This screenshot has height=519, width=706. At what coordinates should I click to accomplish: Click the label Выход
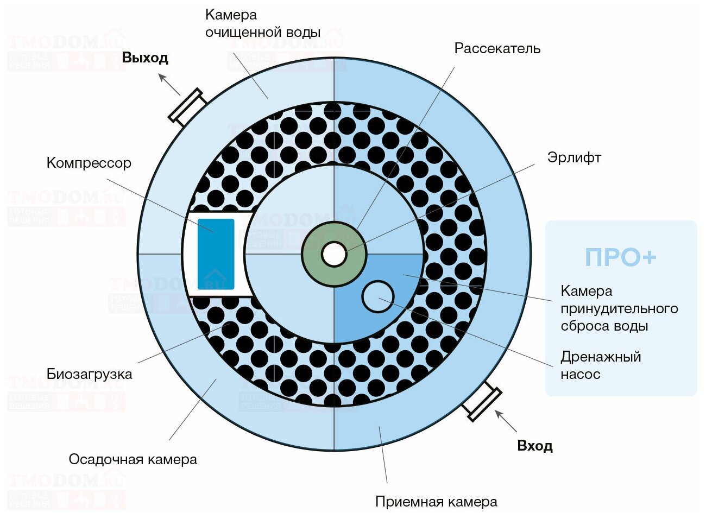(144, 58)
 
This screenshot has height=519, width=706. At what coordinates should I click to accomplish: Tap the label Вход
(534, 446)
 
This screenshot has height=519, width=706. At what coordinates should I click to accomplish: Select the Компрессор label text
(89, 163)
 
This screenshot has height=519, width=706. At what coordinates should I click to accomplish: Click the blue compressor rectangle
(216, 254)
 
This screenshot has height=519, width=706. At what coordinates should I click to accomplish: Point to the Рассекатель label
(497, 48)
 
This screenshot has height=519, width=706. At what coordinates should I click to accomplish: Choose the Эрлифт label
(574, 157)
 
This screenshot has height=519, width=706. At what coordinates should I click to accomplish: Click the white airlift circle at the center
(333, 254)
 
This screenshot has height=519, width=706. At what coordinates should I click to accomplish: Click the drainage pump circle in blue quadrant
(377, 296)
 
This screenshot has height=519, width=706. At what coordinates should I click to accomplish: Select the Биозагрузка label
(89, 374)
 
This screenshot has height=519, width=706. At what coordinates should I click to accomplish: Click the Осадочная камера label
(133, 459)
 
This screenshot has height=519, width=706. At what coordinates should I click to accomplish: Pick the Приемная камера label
(436, 502)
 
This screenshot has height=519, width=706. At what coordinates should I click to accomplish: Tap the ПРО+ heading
(620, 257)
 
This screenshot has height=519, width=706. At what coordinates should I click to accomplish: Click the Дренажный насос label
(601, 365)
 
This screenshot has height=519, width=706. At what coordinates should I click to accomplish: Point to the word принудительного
(619, 308)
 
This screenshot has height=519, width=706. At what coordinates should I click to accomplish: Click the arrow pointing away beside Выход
(169, 84)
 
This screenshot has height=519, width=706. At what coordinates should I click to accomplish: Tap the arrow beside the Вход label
(506, 421)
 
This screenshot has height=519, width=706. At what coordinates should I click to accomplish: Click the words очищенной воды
(263, 32)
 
